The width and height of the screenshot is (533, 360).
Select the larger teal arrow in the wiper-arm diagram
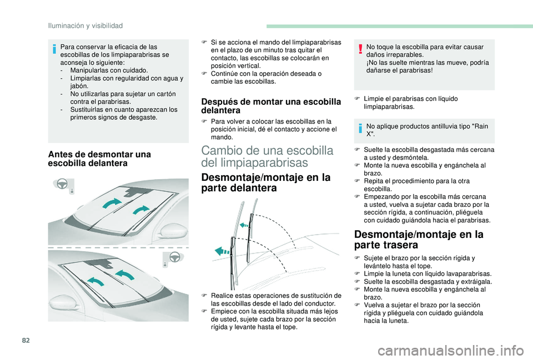coord(225,251)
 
